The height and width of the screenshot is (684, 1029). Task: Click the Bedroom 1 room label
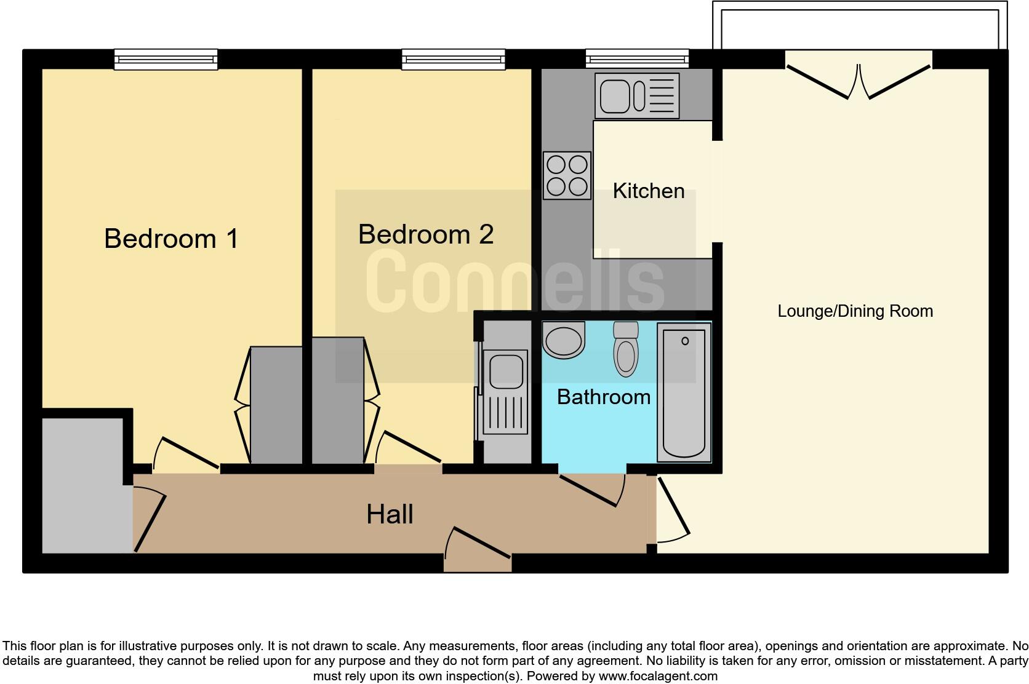pyautogui.click(x=171, y=239)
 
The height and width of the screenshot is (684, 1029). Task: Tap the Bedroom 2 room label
pyautogui.click(x=426, y=234)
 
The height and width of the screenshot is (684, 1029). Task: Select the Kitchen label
pyautogui.click(x=649, y=191)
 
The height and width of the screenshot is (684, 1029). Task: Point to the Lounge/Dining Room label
pyautogui.click(x=855, y=311)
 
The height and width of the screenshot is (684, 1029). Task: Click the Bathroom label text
pyautogui.click(x=604, y=397)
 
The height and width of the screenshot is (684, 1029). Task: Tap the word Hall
pyautogui.click(x=390, y=514)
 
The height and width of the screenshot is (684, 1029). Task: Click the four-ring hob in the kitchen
pyautogui.click(x=567, y=175)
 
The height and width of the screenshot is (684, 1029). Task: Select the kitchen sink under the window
pyautogui.click(x=637, y=96)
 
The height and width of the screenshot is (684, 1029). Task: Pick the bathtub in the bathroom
pyautogui.click(x=684, y=392)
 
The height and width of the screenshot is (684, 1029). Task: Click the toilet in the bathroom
pyautogui.click(x=626, y=349)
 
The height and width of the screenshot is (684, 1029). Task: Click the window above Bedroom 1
pyautogui.click(x=166, y=60)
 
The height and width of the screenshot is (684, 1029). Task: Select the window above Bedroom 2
pyautogui.click(x=454, y=60)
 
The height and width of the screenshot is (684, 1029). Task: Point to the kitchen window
pyautogui.click(x=637, y=59)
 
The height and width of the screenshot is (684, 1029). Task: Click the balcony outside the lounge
pyautogui.click(x=860, y=25)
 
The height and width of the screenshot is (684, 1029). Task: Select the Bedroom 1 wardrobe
pyautogui.click(x=276, y=405)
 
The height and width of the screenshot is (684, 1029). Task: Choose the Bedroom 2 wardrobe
pyautogui.click(x=338, y=400)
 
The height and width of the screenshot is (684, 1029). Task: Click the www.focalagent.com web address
pyautogui.click(x=658, y=676)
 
